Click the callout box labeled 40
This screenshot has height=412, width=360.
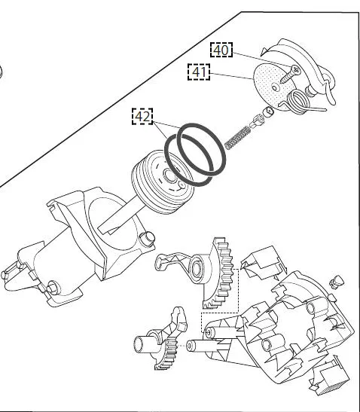click(221, 50)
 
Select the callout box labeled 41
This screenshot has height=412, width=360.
click(199, 72)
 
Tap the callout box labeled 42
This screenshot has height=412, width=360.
click(142, 116)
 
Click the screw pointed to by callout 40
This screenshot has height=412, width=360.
click(290, 74)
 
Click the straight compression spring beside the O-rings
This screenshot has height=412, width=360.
click(237, 137)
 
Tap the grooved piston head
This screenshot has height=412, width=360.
click(163, 182)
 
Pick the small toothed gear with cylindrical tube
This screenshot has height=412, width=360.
click(160, 340)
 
